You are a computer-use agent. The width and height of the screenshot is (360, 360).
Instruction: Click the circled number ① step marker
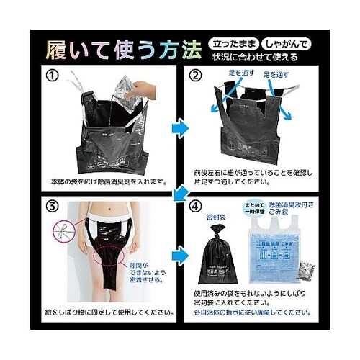click(x=53, y=75)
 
